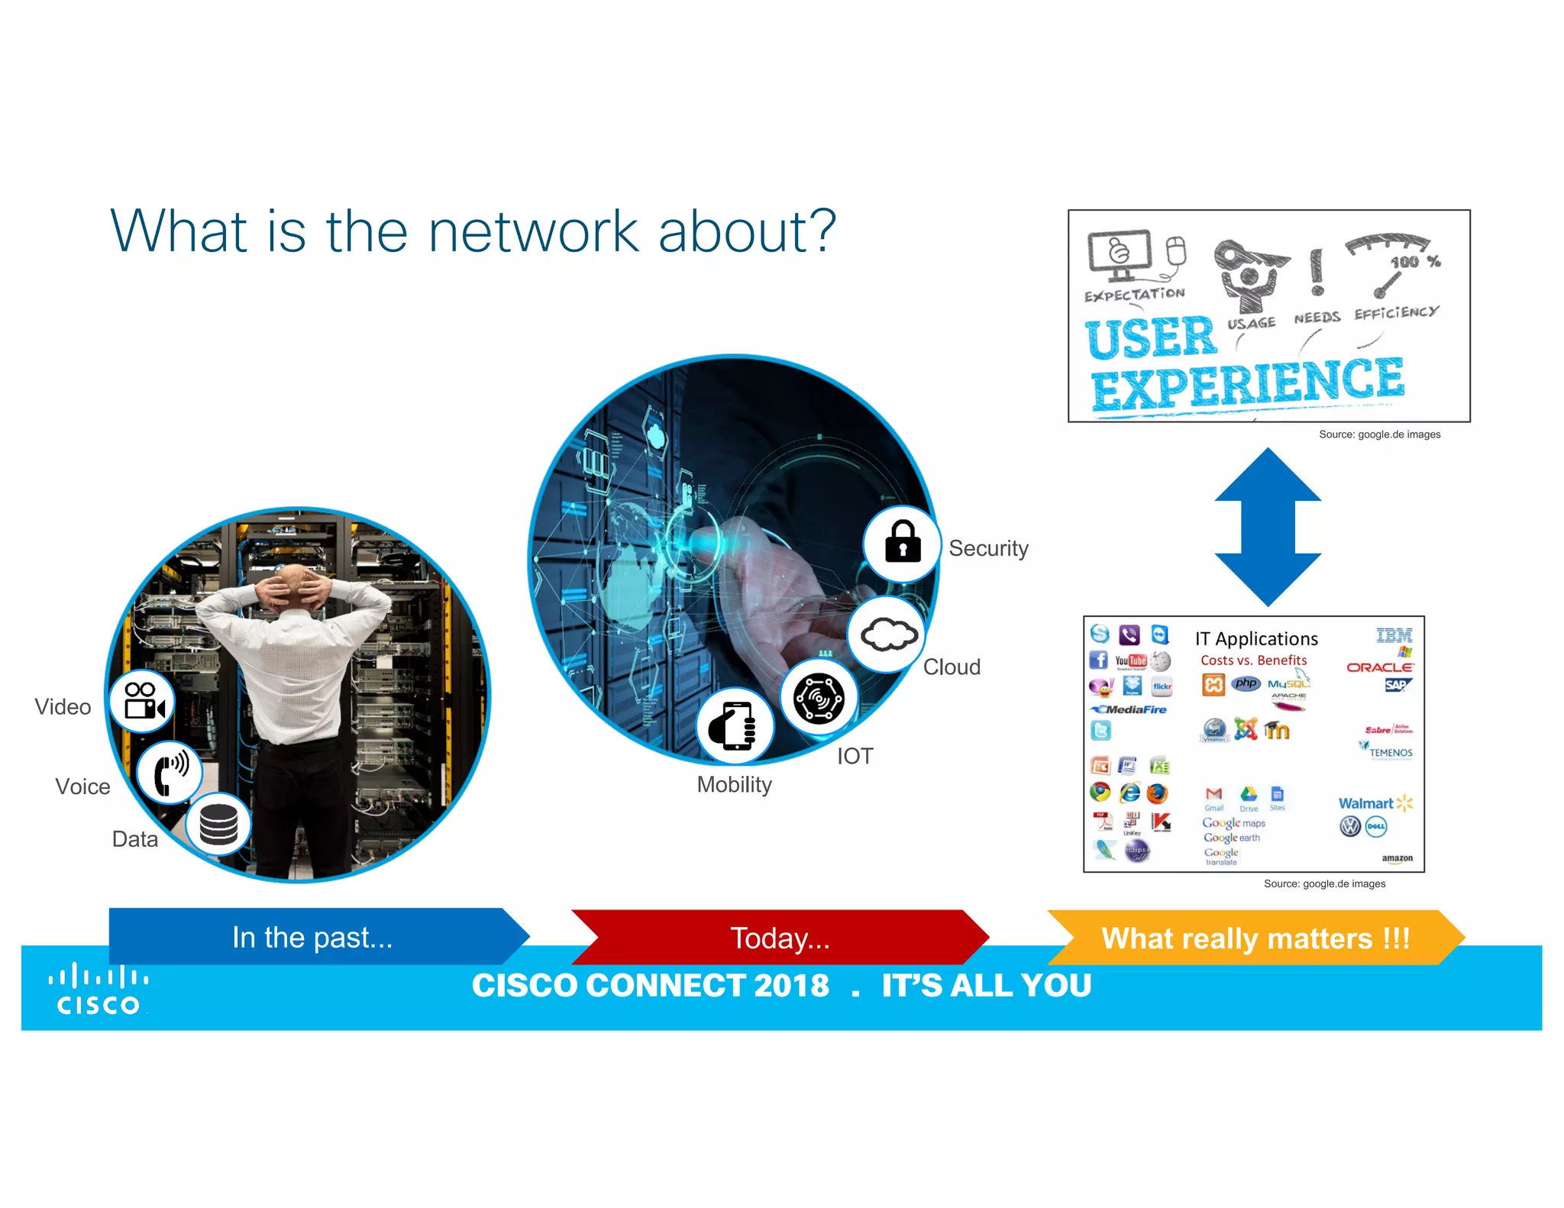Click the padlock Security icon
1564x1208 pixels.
902,544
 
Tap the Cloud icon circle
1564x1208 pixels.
887,635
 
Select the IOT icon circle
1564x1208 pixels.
819,698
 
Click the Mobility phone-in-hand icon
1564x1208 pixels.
735,725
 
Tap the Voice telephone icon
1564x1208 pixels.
170,772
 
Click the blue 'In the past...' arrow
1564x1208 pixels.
313,937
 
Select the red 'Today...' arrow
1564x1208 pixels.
779,938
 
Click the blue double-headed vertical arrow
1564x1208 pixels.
1268,527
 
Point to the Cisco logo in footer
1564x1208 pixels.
99,990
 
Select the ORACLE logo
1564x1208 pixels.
1379,667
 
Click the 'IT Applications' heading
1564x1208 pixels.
1256,639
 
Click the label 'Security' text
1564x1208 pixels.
988,548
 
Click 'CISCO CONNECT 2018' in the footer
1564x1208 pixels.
651,985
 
